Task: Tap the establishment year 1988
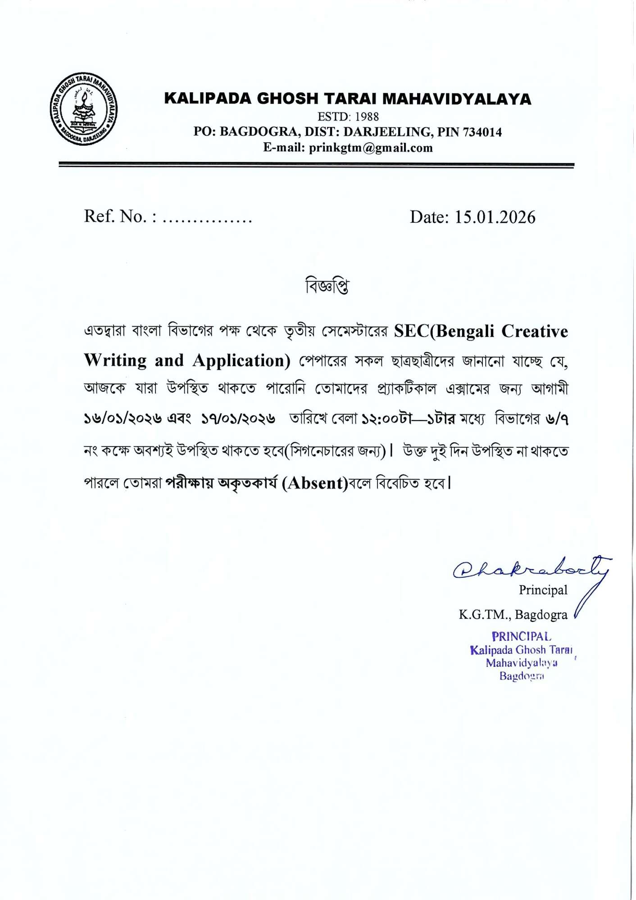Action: point(367,117)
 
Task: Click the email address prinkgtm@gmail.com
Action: point(371,148)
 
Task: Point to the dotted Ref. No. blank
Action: point(207,218)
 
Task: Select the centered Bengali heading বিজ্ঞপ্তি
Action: point(327,286)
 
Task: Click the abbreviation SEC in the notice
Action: point(412,332)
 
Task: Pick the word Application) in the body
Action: point(241,361)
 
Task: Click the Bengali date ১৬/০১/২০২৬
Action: point(123,419)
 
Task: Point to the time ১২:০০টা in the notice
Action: point(387,419)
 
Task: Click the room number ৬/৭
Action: point(557,419)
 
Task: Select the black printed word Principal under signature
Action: point(543,590)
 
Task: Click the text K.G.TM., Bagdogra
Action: point(513,615)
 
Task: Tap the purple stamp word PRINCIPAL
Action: point(521,637)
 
